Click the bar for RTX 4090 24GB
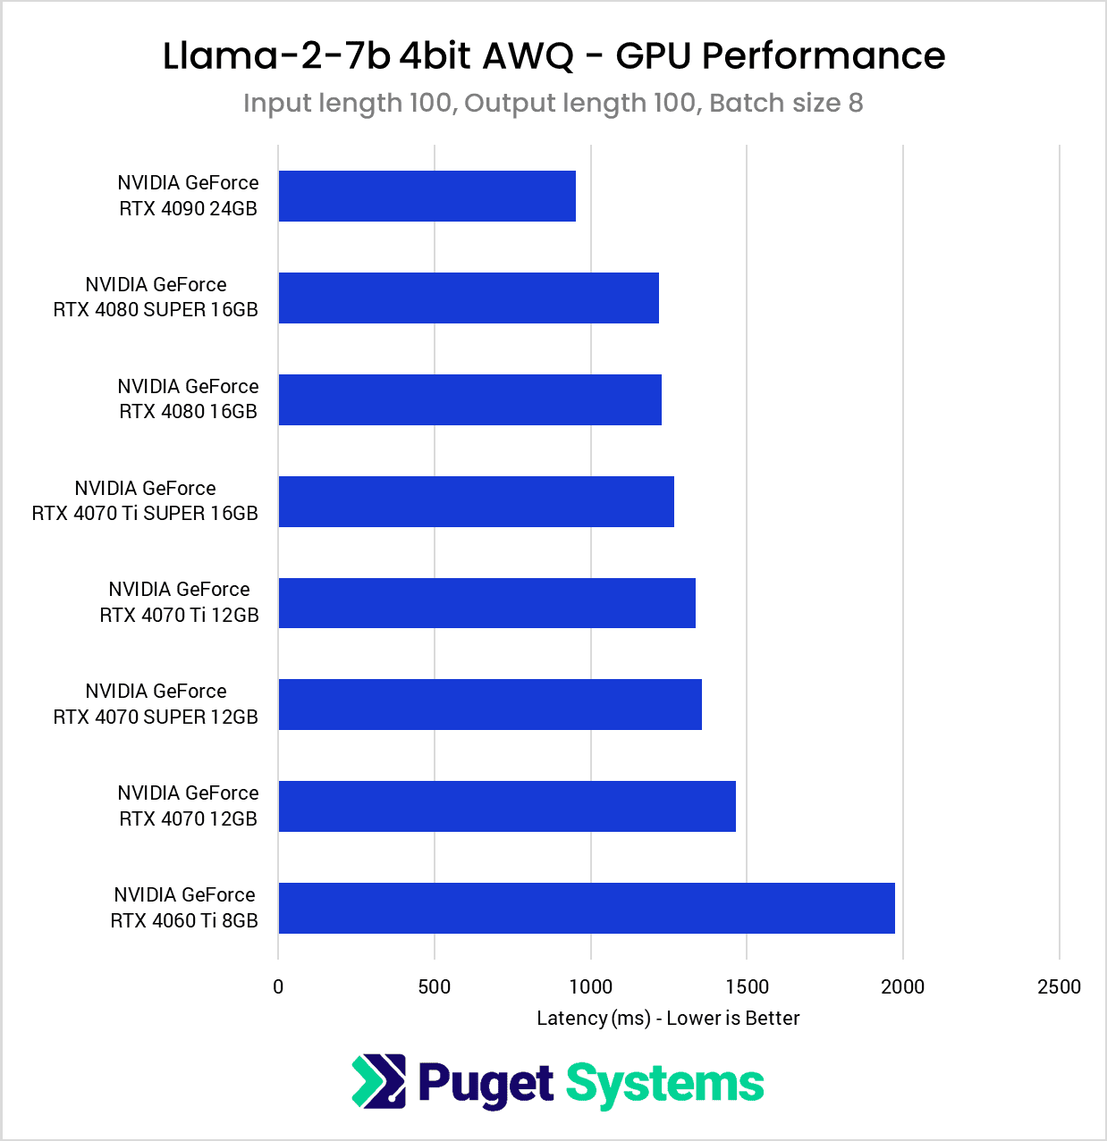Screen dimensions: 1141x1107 click(427, 196)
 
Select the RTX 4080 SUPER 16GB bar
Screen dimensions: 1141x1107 click(469, 298)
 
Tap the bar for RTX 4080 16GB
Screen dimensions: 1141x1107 click(469, 399)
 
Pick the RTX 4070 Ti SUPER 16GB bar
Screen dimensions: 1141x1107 click(476, 501)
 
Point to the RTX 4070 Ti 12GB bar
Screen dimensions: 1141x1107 click(486, 603)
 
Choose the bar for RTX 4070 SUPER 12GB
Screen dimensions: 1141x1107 click(490, 704)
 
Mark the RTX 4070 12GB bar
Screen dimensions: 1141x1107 click(507, 806)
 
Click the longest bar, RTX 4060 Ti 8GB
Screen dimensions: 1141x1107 click(587, 908)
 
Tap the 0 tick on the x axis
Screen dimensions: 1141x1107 click(278, 986)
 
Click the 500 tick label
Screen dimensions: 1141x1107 click(435, 986)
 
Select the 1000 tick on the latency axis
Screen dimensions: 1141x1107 click(591, 986)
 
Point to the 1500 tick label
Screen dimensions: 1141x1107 click(747, 986)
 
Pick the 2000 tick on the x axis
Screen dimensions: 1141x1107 click(903, 986)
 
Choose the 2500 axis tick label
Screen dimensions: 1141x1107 click(1059, 986)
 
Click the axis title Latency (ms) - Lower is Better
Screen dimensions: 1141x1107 click(668, 1018)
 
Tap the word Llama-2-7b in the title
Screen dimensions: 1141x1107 click(276, 55)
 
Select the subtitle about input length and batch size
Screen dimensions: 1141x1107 click(553, 103)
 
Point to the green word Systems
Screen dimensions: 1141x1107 click(664, 1085)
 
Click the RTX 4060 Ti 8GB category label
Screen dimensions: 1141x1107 click(184, 908)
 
